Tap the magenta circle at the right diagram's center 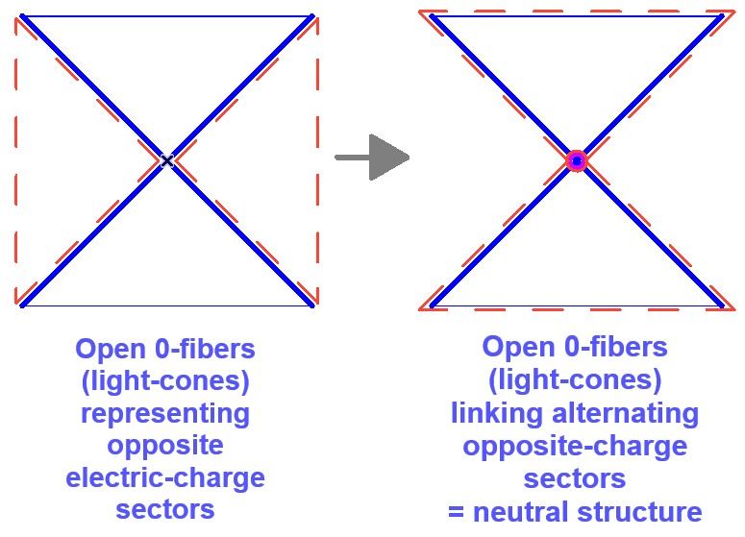coord(576,160)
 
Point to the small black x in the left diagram coord(167,160)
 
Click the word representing coord(165,413)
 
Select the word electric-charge coord(165,476)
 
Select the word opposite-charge coord(575,446)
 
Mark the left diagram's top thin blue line coord(166,15)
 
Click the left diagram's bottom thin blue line coord(166,306)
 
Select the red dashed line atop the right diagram coord(576,11)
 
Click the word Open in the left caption coord(107,348)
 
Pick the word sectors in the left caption coord(165,508)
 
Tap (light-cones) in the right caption coord(575,380)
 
